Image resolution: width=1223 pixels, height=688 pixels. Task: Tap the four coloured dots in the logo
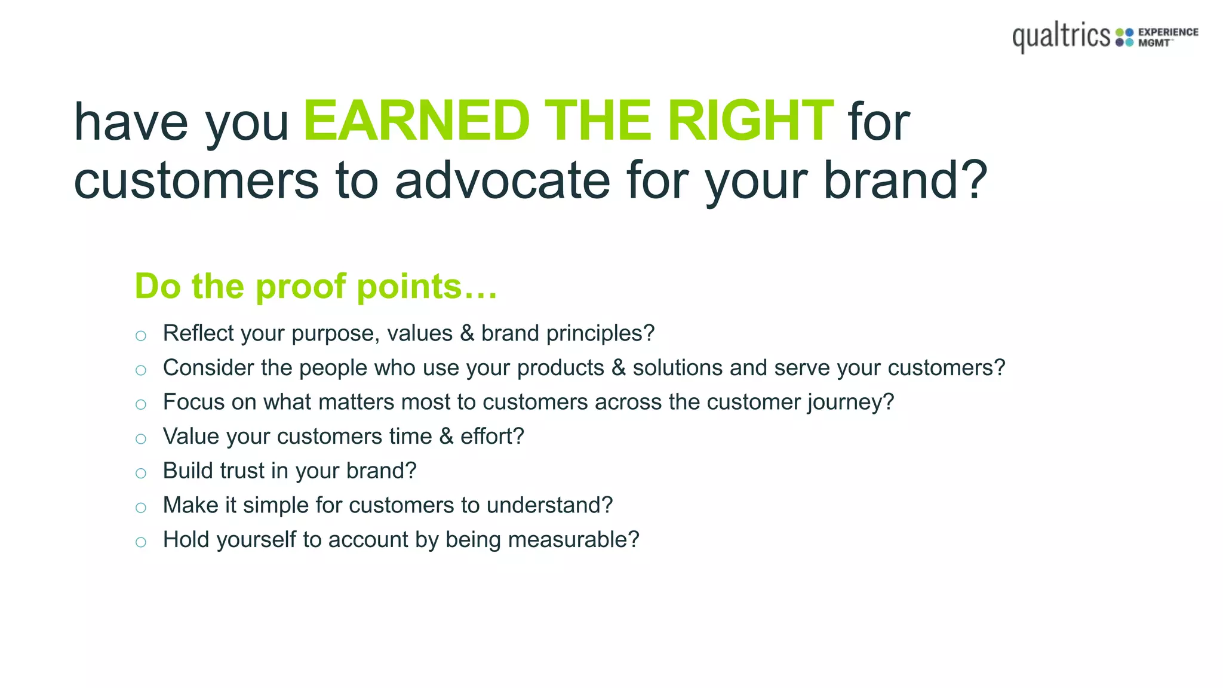[x=1124, y=37]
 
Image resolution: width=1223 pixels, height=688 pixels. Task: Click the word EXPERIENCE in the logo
[x=1168, y=32]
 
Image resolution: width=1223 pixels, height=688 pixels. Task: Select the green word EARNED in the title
[x=416, y=121]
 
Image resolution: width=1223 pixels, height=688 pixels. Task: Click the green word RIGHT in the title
[x=750, y=121]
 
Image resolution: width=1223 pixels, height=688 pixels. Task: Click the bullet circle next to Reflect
[x=141, y=336]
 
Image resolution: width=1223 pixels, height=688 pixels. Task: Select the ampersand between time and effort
[x=446, y=437]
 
